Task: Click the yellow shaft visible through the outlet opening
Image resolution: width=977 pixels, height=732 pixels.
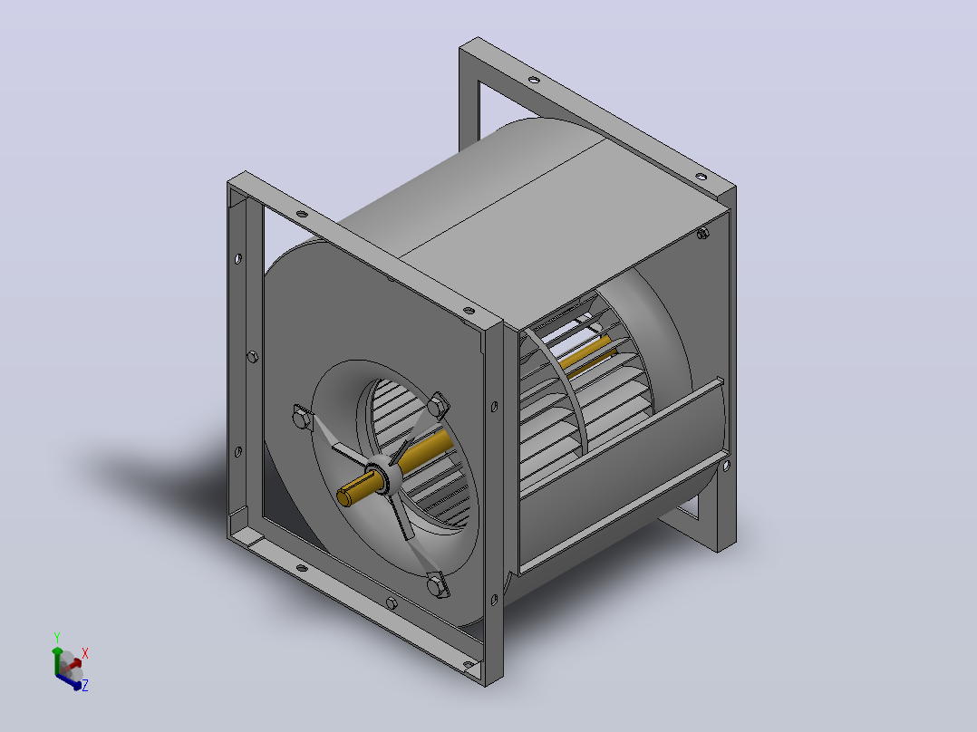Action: [x=585, y=356]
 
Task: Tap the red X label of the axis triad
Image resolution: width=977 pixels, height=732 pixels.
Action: [x=85, y=653]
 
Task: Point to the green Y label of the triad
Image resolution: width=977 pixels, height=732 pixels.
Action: [x=57, y=638]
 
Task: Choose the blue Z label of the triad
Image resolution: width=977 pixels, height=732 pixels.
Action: [x=85, y=685]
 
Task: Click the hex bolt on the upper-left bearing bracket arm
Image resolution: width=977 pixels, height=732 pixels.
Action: [x=301, y=417]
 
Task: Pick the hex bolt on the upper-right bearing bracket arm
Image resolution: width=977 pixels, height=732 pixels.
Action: [x=439, y=406]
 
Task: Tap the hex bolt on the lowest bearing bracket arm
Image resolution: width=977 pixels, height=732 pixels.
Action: [x=438, y=585]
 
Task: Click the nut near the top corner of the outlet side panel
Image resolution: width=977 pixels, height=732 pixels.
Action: [x=702, y=234]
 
